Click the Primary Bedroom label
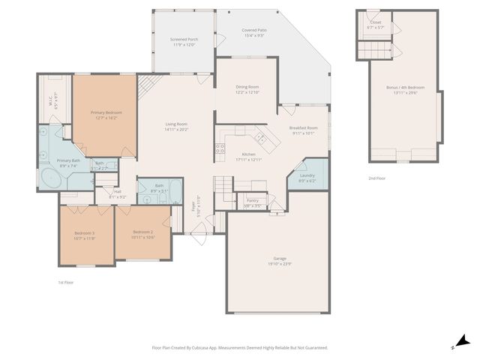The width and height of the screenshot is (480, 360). pos(106,112)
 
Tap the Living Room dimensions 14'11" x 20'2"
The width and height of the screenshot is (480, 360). pos(176,130)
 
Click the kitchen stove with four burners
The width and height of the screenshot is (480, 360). pos(220,148)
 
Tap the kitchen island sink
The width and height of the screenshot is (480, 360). pos(260,136)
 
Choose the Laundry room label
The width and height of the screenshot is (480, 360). pos(307,175)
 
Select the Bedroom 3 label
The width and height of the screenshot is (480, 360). pos(85,233)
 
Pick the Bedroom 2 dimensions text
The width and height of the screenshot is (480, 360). pos(143,238)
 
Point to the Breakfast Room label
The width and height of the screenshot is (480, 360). pos(304,128)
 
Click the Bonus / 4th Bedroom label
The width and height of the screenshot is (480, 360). pos(403,88)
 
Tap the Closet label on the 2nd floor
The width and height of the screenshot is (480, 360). pos(376,22)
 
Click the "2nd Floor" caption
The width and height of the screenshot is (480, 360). pos(377,178)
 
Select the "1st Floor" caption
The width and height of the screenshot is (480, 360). pos(66,282)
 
